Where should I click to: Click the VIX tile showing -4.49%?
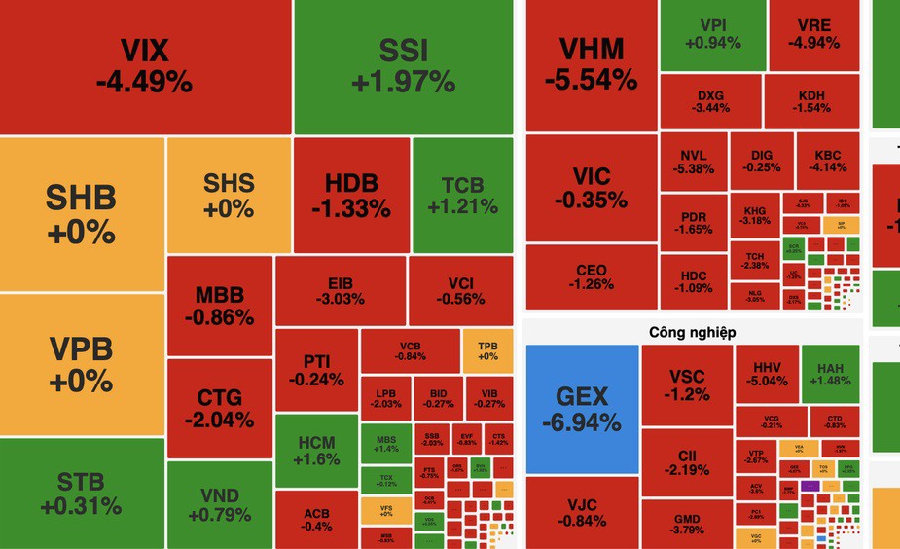(145, 66)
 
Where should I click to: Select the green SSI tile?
(403, 66)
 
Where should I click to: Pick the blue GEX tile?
(582, 409)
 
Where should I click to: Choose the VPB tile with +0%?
(82, 363)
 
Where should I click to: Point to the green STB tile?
(82, 494)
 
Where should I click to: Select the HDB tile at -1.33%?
(351, 195)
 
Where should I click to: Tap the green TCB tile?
(462, 195)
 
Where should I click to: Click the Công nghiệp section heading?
(692, 332)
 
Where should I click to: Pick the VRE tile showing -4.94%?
(812, 34)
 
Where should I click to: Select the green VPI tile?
(712, 34)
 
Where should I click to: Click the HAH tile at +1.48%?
(830, 374)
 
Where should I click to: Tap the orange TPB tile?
(487, 350)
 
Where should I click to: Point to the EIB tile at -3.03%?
(340, 290)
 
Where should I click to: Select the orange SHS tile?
(229, 195)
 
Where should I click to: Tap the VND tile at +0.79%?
(219, 504)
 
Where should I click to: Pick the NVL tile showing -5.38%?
(693, 162)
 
